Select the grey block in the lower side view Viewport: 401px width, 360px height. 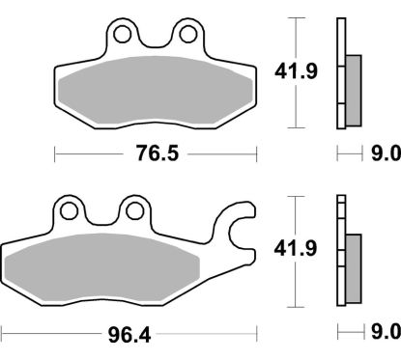tap(352, 263)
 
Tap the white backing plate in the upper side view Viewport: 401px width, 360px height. tap(341, 72)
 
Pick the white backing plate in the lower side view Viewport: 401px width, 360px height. tap(341, 251)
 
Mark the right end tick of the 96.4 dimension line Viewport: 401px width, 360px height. tap(256, 334)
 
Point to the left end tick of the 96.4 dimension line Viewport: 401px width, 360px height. tap(2, 334)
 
